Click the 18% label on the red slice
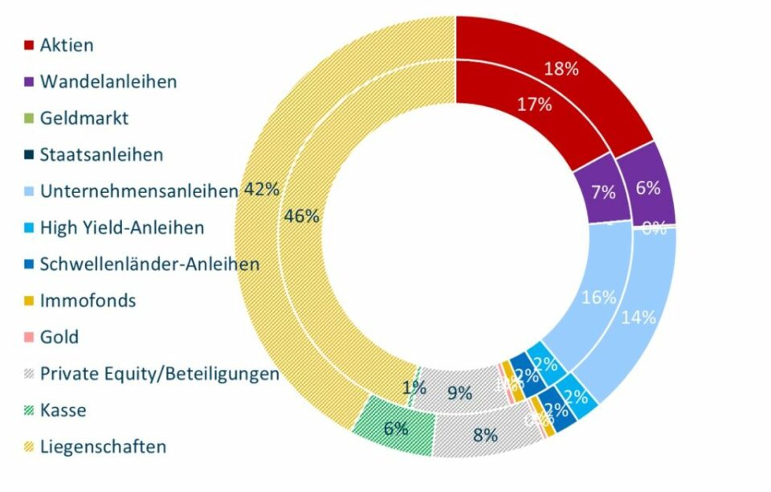561,68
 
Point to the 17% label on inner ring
511,104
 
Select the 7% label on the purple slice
602,192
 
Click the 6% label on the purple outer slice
647,188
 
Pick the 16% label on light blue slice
598,297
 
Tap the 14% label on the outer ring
638,317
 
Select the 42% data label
261,190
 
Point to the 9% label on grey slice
459,393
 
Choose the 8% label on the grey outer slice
485,436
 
